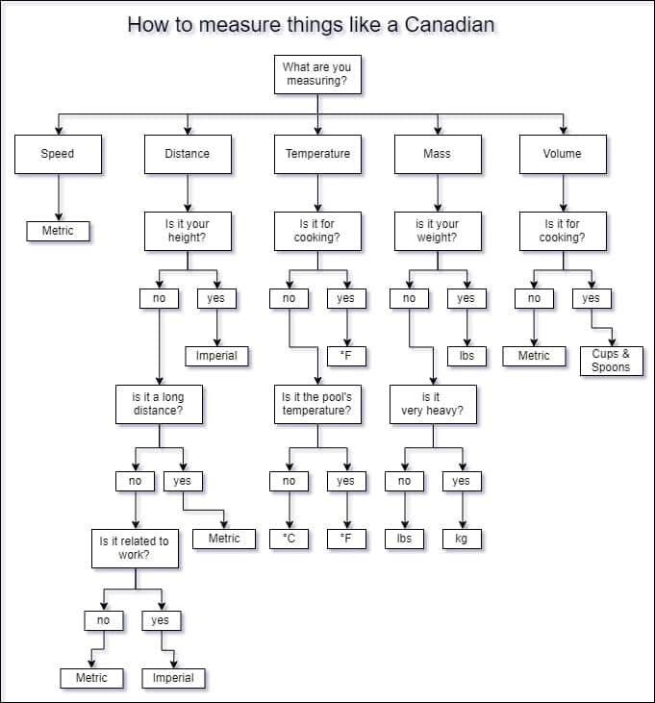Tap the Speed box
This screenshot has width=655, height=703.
[x=58, y=154]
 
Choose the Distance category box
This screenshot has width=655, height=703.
[x=187, y=154]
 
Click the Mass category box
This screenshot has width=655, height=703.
[x=437, y=154]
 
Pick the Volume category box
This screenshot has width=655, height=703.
[x=562, y=154]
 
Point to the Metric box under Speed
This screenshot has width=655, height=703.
[x=58, y=231]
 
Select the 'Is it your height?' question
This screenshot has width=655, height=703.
[x=187, y=231]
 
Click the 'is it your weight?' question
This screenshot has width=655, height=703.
[x=437, y=231]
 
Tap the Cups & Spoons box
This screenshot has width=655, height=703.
[x=611, y=361]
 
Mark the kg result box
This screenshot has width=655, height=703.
[x=462, y=539]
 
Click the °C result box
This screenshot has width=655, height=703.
[x=289, y=539]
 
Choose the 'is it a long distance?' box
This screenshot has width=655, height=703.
[x=159, y=404]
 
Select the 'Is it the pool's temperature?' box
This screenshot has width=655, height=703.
[x=316, y=404]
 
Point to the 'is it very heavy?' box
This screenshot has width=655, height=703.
[x=432, y=404]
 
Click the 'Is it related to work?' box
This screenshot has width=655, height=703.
[x=134, y=548]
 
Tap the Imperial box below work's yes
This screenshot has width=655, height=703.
[x=173, y=678]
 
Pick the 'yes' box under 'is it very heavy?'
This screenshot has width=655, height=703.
[x=462, y=481]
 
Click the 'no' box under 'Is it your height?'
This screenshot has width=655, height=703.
[x=159, y=298]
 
